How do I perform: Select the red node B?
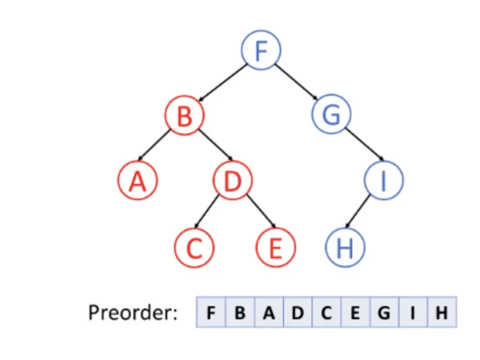(184, 116)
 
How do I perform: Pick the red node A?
(138, 181)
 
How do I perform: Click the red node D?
(232, 181)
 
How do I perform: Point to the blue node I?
(384, 181)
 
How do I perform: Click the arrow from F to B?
(222, 83)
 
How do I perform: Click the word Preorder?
(133, 313)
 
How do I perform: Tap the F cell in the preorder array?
(210, 313)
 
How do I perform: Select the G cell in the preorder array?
(384, 313)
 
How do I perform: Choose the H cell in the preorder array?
(441, 313)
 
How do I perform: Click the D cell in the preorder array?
(297, 313)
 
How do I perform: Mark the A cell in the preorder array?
(268, 313)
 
